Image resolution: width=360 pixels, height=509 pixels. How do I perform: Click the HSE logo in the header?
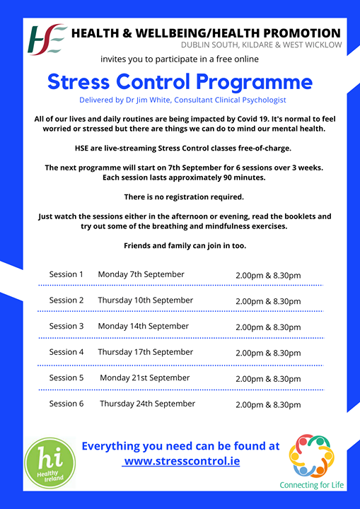(48, 39)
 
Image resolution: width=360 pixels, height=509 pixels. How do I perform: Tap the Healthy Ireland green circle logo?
(50, 463)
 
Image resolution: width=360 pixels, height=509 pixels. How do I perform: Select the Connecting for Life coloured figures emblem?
(311, 456)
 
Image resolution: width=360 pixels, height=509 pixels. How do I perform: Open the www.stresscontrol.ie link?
(181, 461)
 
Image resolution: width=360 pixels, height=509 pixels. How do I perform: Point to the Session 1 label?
(66, 274)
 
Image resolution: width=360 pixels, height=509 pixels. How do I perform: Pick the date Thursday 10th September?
(146, 300)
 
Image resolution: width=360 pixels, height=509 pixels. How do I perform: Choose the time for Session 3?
(268, 327)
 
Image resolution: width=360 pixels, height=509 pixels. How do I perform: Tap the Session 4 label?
(66, 352)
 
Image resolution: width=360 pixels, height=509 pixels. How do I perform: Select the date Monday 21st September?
(145, 378)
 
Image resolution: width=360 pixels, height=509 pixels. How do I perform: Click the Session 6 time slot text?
(268, 405)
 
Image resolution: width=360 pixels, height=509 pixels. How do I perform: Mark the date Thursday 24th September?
(148, 404)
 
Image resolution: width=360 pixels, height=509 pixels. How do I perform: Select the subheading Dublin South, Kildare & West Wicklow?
(262, 45)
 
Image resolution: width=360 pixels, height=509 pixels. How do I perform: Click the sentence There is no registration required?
(184, 197)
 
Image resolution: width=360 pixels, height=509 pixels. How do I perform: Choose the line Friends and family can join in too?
(185, 246)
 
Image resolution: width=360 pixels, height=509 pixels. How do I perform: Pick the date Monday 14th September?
(144, 326)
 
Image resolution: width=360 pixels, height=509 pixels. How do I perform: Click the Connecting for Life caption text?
(312, 485)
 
